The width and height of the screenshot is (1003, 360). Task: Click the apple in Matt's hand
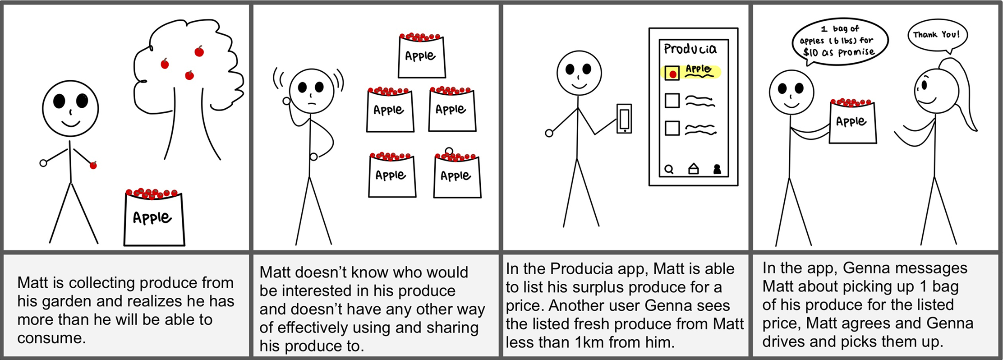[x=93, y=165]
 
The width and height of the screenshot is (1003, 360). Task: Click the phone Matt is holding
[x=624, y=119]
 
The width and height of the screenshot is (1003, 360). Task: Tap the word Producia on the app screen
[x=690, y=49]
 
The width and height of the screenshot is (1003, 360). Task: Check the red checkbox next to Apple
[x=672, y=73]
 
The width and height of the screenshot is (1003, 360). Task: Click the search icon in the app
[x=669, y=170]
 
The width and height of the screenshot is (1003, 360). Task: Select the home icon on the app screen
[x=694, y=169]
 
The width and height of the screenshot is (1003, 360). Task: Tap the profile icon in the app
[x=717, y=169]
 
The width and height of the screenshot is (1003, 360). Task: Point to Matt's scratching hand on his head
[x=286, y=101]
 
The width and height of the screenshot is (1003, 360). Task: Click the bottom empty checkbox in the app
[x=672, y=128]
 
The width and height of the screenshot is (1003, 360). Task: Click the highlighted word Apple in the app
[x=699, y=69]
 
